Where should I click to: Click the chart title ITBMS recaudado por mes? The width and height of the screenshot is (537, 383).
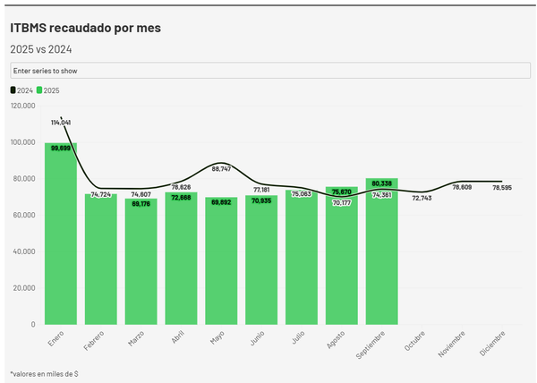coord(85,28)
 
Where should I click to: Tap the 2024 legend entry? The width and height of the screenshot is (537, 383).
coord(21,90)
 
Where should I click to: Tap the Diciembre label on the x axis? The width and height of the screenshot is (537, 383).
coord(492,344)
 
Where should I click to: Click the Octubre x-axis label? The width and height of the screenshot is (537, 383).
coord(413,342)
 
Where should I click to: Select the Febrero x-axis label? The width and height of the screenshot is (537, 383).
coord(92,342)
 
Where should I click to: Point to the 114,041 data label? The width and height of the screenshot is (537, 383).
coord(61,122)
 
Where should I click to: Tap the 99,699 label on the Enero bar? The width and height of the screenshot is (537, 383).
coord(61,148)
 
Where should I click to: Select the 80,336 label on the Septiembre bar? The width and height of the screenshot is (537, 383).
coord(381,183)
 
